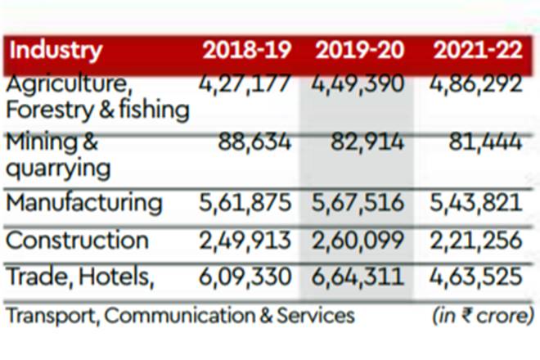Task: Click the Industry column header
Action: (x=56, y=50)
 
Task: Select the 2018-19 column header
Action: (x=246, y=50)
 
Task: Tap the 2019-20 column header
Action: (x=359, y=50)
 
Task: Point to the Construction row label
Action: (x=77, y=241)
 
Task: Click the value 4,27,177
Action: (x=245, y=85)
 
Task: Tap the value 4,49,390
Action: (x=358, y=85)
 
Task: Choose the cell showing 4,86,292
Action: (x=475, y=85)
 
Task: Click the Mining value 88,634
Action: (x=254, y=142)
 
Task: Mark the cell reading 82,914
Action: (x=367, y=142)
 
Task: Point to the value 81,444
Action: (x=484, y=142)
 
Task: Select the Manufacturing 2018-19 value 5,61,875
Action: (x=245, y=202)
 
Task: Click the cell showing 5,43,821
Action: (x=475, y=202)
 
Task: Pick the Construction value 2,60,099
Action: (x=358, y=241)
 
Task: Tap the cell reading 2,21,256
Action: (x=475, y=241)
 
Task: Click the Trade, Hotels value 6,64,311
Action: (x=358, y=277)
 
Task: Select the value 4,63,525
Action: (x=475, y=277)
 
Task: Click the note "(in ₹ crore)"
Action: (x=483, y=315)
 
